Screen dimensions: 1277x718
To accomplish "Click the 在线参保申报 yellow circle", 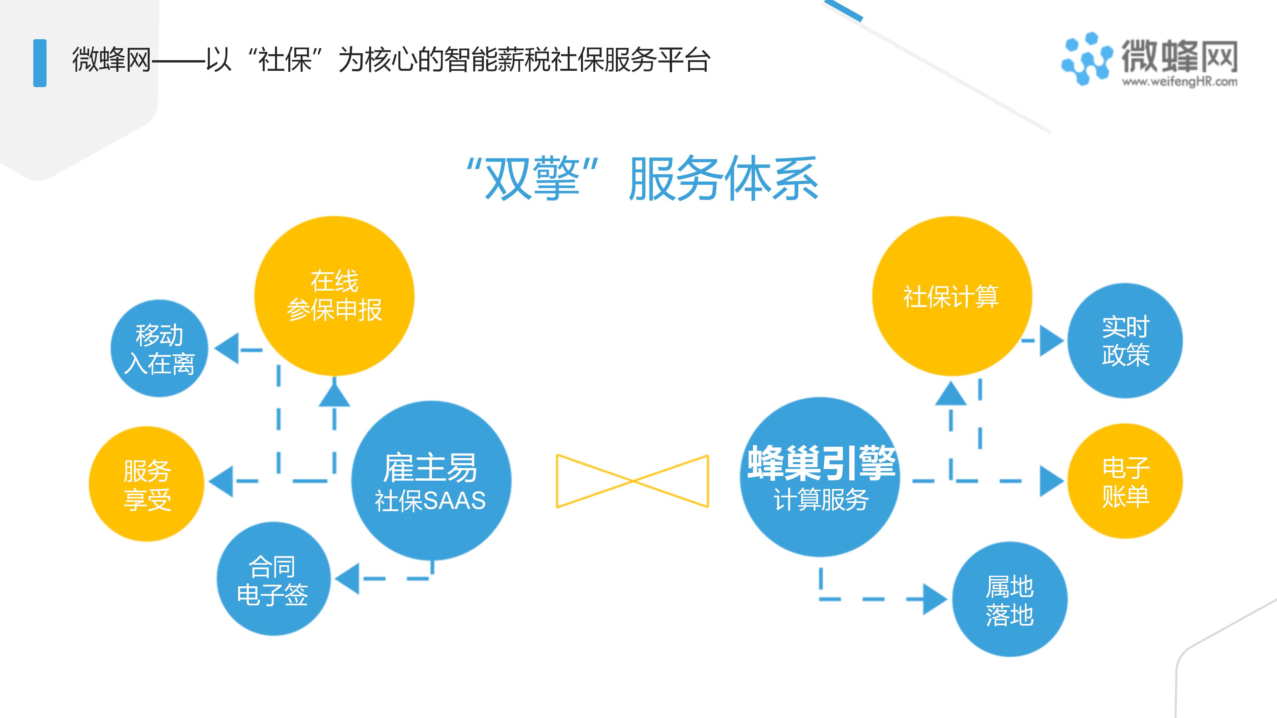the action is tap(334, 296).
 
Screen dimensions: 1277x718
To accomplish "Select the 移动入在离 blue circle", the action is tap(159, 348).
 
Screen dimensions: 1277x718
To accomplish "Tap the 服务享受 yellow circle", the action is tap(147, 484).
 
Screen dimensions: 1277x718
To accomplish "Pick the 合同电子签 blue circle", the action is tap(273, 579).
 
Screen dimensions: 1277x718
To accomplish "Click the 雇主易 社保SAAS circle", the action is tap(431, 481).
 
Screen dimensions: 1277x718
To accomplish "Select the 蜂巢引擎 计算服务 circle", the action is tap(820, 477).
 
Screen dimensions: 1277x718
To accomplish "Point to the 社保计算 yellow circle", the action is tap(952, 296).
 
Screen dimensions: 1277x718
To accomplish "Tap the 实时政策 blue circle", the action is tap(1125, 340).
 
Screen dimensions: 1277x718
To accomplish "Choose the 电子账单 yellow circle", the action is tap(1125, 481).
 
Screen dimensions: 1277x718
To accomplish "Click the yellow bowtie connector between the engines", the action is tap(633, 481).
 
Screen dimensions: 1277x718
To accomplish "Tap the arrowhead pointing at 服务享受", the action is tap(221, 481).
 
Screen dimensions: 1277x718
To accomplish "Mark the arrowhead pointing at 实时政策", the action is tap(1052, 340).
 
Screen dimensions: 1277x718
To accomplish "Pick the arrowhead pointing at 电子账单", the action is tap(1052, 481).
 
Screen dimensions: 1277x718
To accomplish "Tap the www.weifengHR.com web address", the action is tap(1179, 82).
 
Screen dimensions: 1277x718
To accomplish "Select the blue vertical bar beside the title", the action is tap(40, 63).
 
